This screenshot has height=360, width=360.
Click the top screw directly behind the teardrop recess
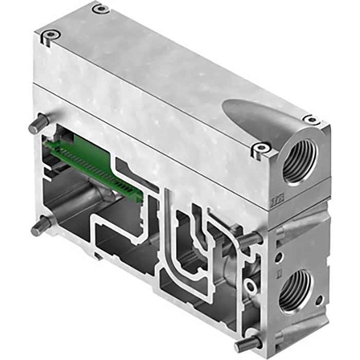tap(311, 119)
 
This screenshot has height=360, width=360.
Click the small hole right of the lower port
tap(319, 300)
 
